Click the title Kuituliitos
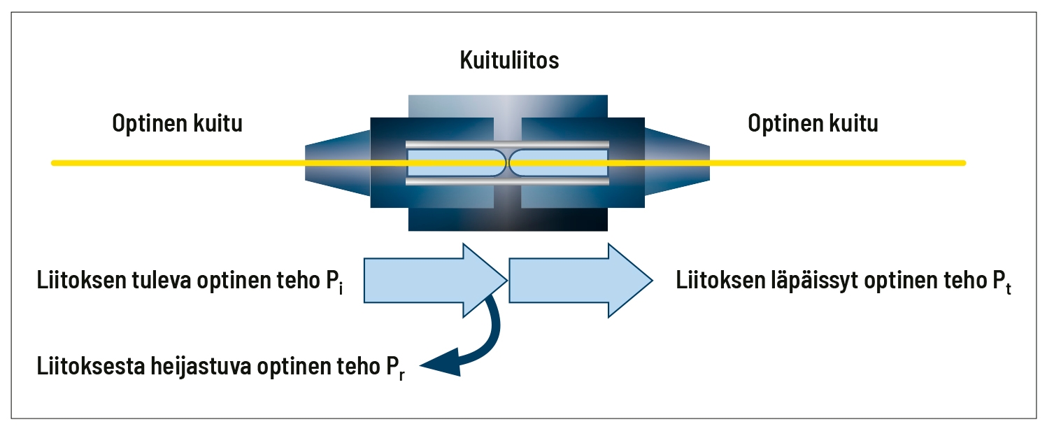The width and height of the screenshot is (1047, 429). click(x=509, y=60)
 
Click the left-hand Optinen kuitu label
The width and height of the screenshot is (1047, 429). click(x=177, y=123)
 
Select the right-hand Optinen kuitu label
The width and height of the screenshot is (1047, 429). click(x=813, y=123)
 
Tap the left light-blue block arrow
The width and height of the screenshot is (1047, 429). click(x=435, y=280)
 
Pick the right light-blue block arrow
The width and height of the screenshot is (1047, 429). click(x=581, y=280)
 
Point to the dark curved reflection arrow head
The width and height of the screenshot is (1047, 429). click(x=442, y=363)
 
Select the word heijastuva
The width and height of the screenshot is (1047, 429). click(x=203, y=367)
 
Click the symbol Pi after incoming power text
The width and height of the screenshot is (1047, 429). click(x=334, y=281)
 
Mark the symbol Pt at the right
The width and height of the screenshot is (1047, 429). click(x=1002, y=281)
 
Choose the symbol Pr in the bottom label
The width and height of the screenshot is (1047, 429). click(x=395, y=367)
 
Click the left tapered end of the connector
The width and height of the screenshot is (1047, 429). click(x=338, y=163)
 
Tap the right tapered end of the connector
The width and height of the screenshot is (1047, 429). click(x=677, y=163)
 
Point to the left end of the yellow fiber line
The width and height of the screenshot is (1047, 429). click(x=53, y=163)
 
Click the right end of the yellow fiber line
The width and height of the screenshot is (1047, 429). click(x=964, y=163)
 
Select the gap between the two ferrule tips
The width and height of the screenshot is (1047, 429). click(x=508, y=163)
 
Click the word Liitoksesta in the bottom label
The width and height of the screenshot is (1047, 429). click(x=91, y=366)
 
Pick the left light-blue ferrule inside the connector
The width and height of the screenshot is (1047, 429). click(x=456, y=163)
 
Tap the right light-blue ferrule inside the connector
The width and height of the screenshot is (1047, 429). click(x=559, y=163)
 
